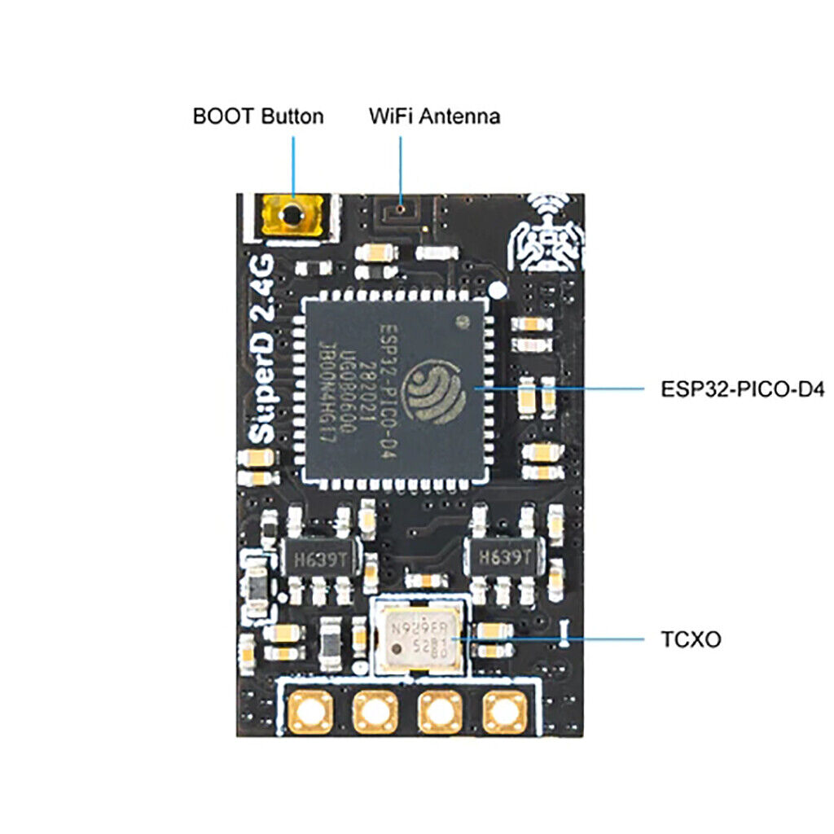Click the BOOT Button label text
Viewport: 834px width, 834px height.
click(x=257, y=116)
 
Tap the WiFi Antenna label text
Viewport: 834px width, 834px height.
click(x=434, y=116)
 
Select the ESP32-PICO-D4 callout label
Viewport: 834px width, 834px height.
click(x=743, y=389)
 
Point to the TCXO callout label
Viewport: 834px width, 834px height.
click(x=691, y=639)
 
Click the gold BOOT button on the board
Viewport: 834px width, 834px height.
click(x=291, y=215)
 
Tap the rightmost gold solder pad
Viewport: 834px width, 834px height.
click(x=504, y=713)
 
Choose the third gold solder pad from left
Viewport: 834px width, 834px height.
click(x=439, y=713)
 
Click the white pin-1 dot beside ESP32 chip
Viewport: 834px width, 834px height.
click(x=497, y=289)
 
